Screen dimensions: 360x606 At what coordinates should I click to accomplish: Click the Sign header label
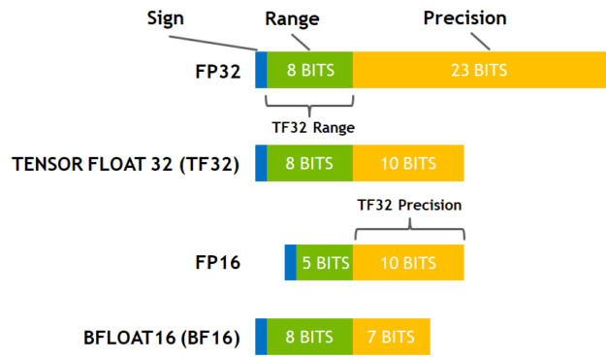[x=166, y=19]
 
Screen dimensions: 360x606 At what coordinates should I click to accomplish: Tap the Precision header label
[x=464, y=18]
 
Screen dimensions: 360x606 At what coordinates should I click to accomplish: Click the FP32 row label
[x=218, y=71]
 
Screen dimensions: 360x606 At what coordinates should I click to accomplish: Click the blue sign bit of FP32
[x=261, y=71]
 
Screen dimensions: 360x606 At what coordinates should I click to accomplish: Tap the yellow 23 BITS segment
[x=479, y=71]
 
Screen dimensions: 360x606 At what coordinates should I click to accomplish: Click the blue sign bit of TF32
[x=261, y=163]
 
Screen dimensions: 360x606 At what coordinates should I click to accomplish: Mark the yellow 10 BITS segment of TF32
[x=408, y=163]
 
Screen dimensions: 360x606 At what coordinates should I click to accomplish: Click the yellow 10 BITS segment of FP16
[x=408, y=263]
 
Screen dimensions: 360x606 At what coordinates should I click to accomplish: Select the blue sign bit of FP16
[x=291, y=263]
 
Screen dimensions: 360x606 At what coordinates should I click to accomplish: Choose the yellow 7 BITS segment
[x=391, y=337]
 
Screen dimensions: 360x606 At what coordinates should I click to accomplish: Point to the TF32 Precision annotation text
[x=408, y=205]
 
